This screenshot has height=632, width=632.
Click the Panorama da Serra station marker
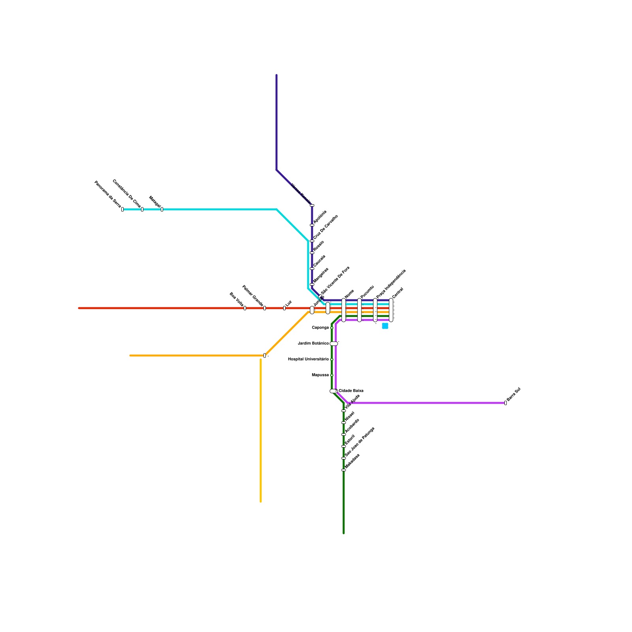[x=122, y=209]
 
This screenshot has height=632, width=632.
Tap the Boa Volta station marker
[x=245, y=308]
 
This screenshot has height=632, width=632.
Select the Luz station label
[x=289, y=303]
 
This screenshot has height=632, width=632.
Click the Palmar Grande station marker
[x=265, y=308]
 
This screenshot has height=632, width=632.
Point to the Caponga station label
[x=320, y=328]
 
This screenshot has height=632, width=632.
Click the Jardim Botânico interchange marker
[x=334, y=344]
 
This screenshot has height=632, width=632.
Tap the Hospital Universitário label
[x=308, y=359]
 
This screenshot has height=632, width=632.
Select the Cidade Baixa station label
[x=351, y=391]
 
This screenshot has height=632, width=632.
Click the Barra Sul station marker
[x=506, y=403]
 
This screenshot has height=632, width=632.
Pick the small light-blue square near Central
[x=385, y=326]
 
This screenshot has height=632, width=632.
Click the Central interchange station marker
[x=391, y=310]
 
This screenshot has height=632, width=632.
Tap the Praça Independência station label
[x=391, y=284]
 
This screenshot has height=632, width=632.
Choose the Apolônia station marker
[x=312, y=225]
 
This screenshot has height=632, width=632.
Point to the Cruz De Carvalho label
[x=326, y=227]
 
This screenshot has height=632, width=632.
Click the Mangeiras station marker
[x=312, y=284]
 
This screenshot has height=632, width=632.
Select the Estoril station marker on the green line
[x=344, y=446]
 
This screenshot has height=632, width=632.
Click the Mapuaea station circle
[x=332, y=375]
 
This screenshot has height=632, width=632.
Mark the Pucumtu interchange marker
[x=359, y=310]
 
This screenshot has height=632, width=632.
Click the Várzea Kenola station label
[x=301, y=193]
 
